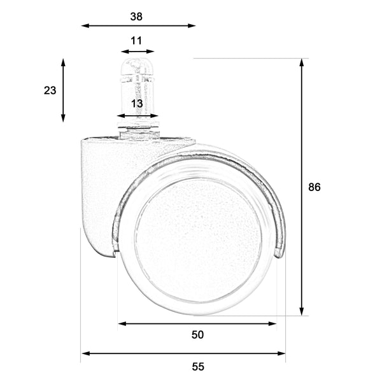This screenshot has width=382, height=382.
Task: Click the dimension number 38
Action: (136, 17)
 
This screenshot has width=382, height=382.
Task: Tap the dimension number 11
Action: (136, 41)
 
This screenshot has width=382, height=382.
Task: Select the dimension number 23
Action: (50, 90)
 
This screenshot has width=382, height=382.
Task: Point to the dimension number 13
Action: (137, 104)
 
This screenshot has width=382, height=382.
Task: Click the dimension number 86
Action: (315, 187)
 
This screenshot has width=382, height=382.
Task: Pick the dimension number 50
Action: (197, 335)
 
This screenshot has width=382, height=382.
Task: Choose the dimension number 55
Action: (198, 367)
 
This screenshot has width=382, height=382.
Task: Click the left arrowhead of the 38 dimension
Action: (85, 25)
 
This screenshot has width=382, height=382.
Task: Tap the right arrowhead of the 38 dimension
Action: (192, 25)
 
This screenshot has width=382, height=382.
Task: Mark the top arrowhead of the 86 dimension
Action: (302, 62)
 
